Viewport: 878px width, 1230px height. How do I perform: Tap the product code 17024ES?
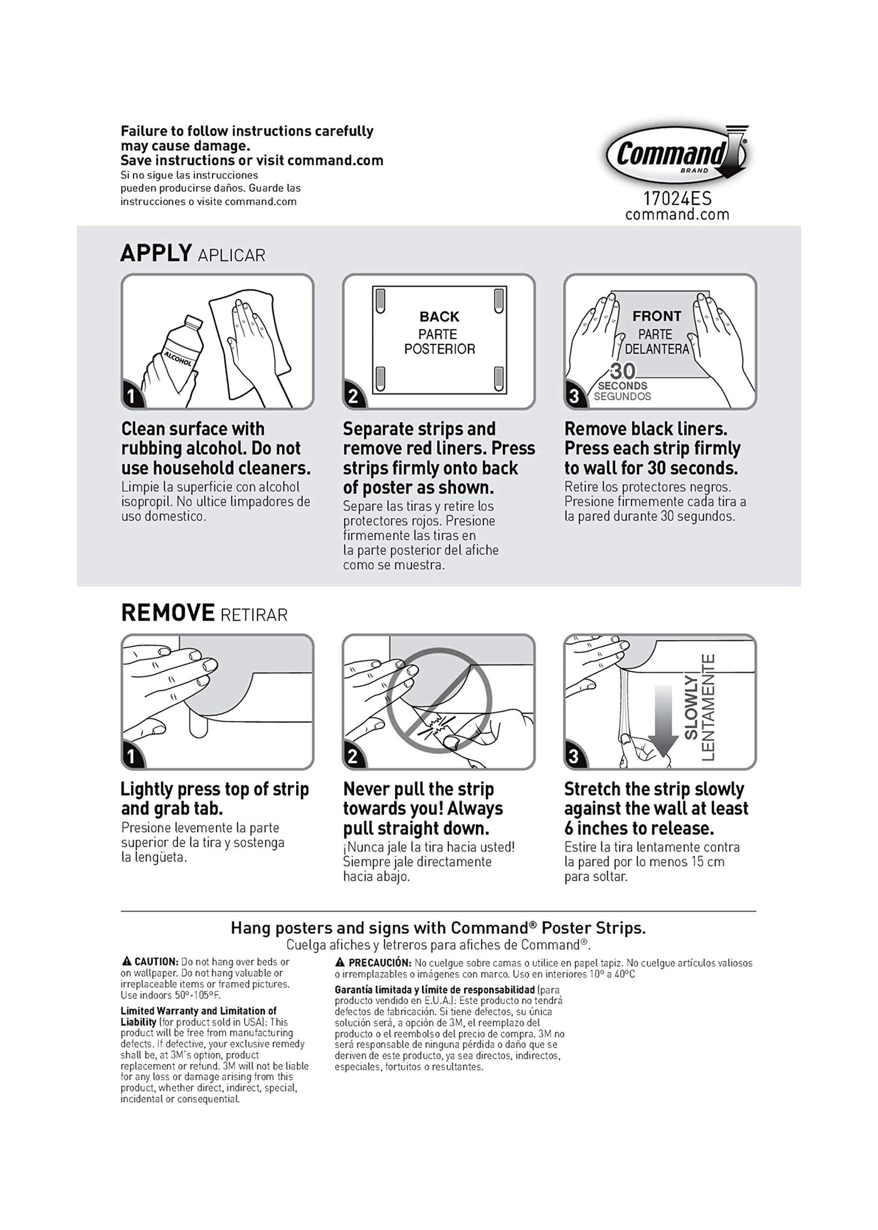(x=677, y=199)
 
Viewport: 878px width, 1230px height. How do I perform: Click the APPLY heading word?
(x=156, y=253)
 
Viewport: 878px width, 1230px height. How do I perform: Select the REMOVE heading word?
(x=167, y=612)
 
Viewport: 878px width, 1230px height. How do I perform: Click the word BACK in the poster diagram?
(x=439, y=317)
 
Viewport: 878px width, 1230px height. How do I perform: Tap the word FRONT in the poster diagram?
(x=657, y=316)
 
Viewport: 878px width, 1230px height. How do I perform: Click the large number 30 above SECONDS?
(x=622, y=371)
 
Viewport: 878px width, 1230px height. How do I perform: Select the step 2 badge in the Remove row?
(x=352, y=757)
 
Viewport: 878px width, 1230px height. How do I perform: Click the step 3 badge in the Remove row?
(x=573, y=757)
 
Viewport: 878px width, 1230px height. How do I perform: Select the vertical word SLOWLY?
(x=691, y=708)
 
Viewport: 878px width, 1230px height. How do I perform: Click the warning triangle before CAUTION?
(x=126, y=961)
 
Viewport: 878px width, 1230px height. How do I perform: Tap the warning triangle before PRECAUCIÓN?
(x=340, y=962)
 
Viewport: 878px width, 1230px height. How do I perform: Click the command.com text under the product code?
(x=677, y=215)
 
